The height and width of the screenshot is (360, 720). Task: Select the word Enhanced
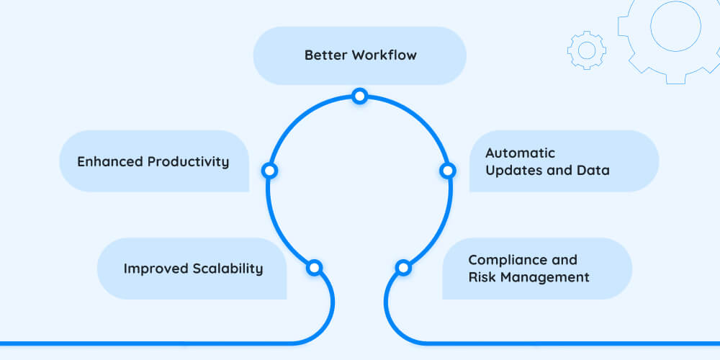click(109, 161)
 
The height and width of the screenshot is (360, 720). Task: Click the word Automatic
click(520, 153)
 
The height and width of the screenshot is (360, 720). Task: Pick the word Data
click(594, 171)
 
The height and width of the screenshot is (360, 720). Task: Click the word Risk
click(481, 277)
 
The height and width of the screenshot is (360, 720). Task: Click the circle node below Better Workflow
click(359, 96)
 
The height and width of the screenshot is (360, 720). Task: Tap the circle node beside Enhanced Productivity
click(269, 171)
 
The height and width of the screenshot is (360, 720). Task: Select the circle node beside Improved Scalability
click(314, 268)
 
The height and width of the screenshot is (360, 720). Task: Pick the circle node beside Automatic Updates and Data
click(447, 171)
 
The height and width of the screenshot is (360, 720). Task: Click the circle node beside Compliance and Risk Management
click(403, 268)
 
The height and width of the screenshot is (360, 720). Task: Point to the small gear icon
click(587, 50)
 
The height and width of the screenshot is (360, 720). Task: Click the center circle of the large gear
click(675, 26)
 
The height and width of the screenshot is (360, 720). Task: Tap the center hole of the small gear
click(587, 50)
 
